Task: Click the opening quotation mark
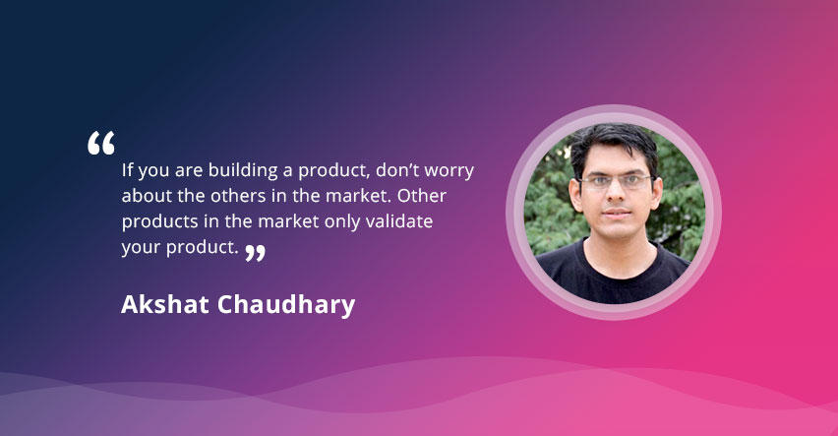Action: (x=101, y=143)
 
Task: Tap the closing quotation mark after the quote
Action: (x=255, y=253)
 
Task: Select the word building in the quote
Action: (x=243, y=171)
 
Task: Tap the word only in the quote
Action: (x=342, y=222)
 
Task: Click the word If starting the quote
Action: (x=127, y=169)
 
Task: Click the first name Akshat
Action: (x=164, y=304)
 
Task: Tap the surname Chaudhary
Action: (x=286, y=305)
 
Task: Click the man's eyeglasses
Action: (x=615, y=182)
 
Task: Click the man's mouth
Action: (x=617, y=213)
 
